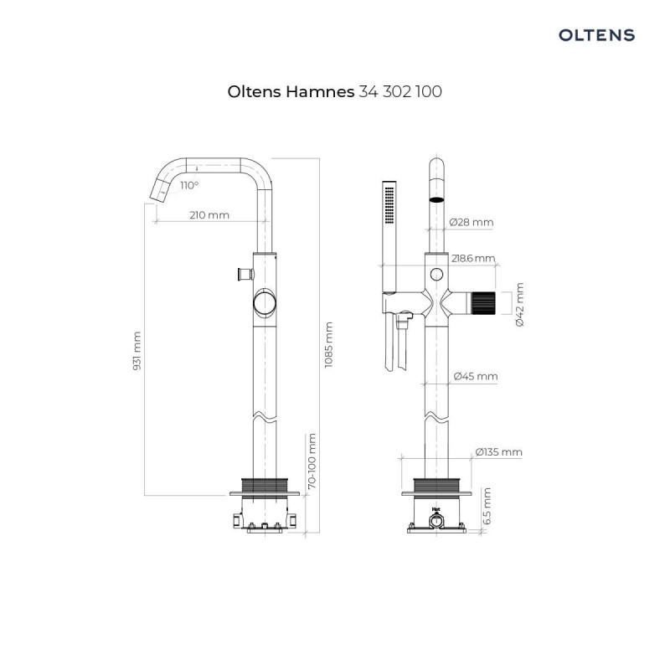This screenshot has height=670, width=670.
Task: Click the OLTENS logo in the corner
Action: pos(596,35)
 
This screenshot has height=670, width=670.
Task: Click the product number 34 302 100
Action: pos(399,92)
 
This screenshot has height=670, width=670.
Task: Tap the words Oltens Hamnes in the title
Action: pos(291,92)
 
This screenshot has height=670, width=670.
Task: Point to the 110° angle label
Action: pos(188,185)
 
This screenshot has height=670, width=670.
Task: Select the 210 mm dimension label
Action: pos(209,215)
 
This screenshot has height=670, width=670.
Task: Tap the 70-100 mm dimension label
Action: pos(311,461)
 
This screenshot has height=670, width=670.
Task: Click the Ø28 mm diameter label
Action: pos(471,222)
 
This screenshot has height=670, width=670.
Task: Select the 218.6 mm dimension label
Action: pos(473,259)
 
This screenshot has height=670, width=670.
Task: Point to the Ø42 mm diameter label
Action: pos(518,304)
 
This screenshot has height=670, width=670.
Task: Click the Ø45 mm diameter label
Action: pos(475,377)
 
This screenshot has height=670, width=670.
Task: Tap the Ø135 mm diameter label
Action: pos(498,452)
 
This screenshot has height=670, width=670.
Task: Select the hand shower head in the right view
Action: pos(387,204)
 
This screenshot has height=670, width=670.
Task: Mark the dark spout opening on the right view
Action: pos(435,200)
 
